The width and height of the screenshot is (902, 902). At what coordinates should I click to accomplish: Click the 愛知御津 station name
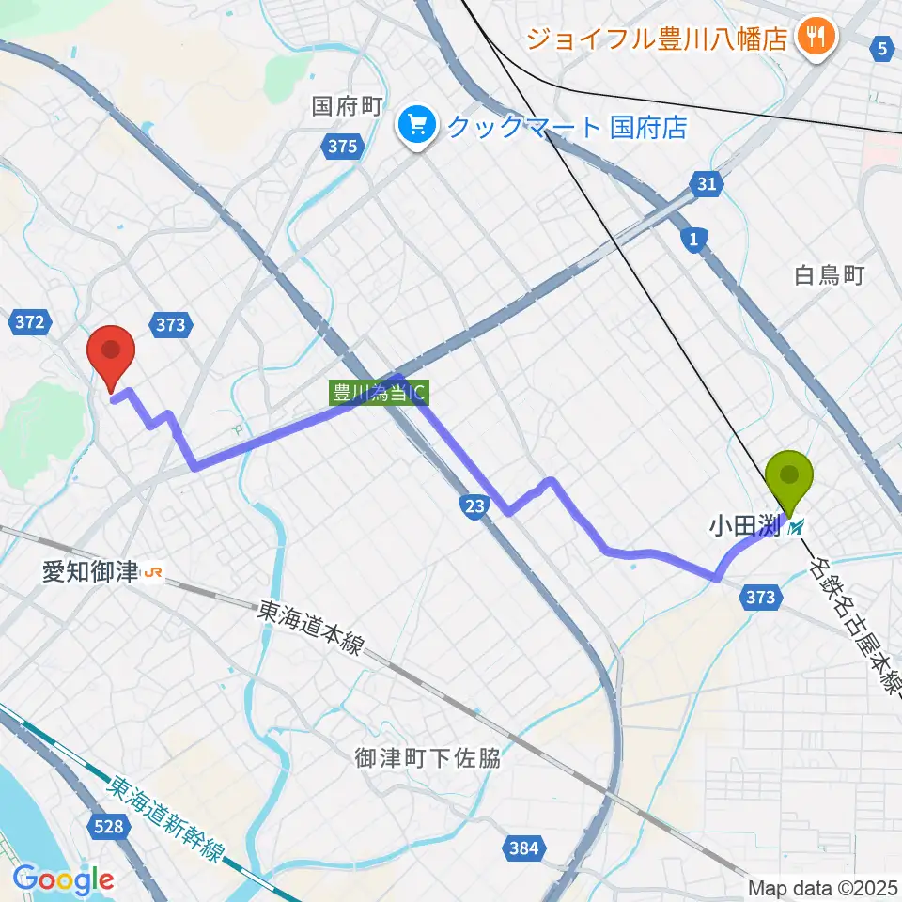coord(89,571)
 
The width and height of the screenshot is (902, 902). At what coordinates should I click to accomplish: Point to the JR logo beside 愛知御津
coord(151,571)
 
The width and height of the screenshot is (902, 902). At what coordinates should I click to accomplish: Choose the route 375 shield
coord(343,146)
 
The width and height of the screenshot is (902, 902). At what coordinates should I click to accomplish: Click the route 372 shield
coord(30,323)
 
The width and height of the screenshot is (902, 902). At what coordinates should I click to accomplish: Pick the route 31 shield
coord(708,185)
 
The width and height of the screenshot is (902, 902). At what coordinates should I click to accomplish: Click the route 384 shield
coord(523,849)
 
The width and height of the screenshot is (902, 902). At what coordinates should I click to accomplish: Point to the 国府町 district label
coord(347,105)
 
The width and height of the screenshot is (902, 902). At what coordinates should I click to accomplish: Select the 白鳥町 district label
coord(829,275)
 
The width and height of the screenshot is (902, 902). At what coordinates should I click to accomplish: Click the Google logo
coord(63,880)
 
